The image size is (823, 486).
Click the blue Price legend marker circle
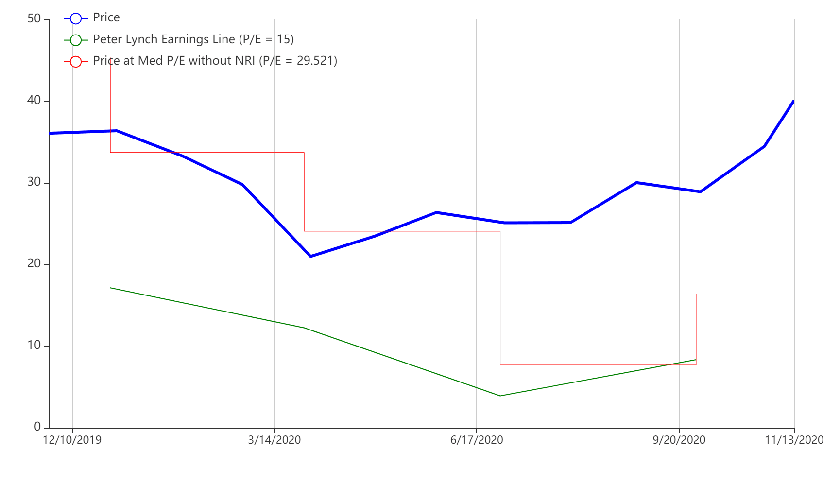click(75, 18)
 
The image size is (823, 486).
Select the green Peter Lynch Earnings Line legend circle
click(75, 40)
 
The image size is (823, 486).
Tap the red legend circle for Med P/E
click(75, 62)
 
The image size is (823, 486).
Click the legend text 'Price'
click(106, 17)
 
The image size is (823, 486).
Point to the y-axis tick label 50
click(34, 18)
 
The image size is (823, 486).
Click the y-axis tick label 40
click(34, 100)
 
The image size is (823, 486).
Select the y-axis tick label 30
click(34, 182)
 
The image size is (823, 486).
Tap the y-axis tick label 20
click(34, 263)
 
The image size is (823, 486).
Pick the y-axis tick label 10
click(34, 345)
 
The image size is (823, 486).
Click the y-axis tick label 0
click(37, 427)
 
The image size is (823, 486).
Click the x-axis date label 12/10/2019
click(72, 440)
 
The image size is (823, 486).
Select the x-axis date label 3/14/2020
click(274, 440)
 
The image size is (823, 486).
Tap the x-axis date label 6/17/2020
click(477, 440)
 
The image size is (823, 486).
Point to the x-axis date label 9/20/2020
click(679, 440)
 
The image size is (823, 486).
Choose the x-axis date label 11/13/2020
click(794, 440)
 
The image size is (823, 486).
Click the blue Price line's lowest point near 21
click(310, 256)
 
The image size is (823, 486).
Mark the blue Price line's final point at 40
click(793, 101)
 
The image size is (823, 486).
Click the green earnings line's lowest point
click(500, 396)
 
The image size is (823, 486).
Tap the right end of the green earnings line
click(696, 360)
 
